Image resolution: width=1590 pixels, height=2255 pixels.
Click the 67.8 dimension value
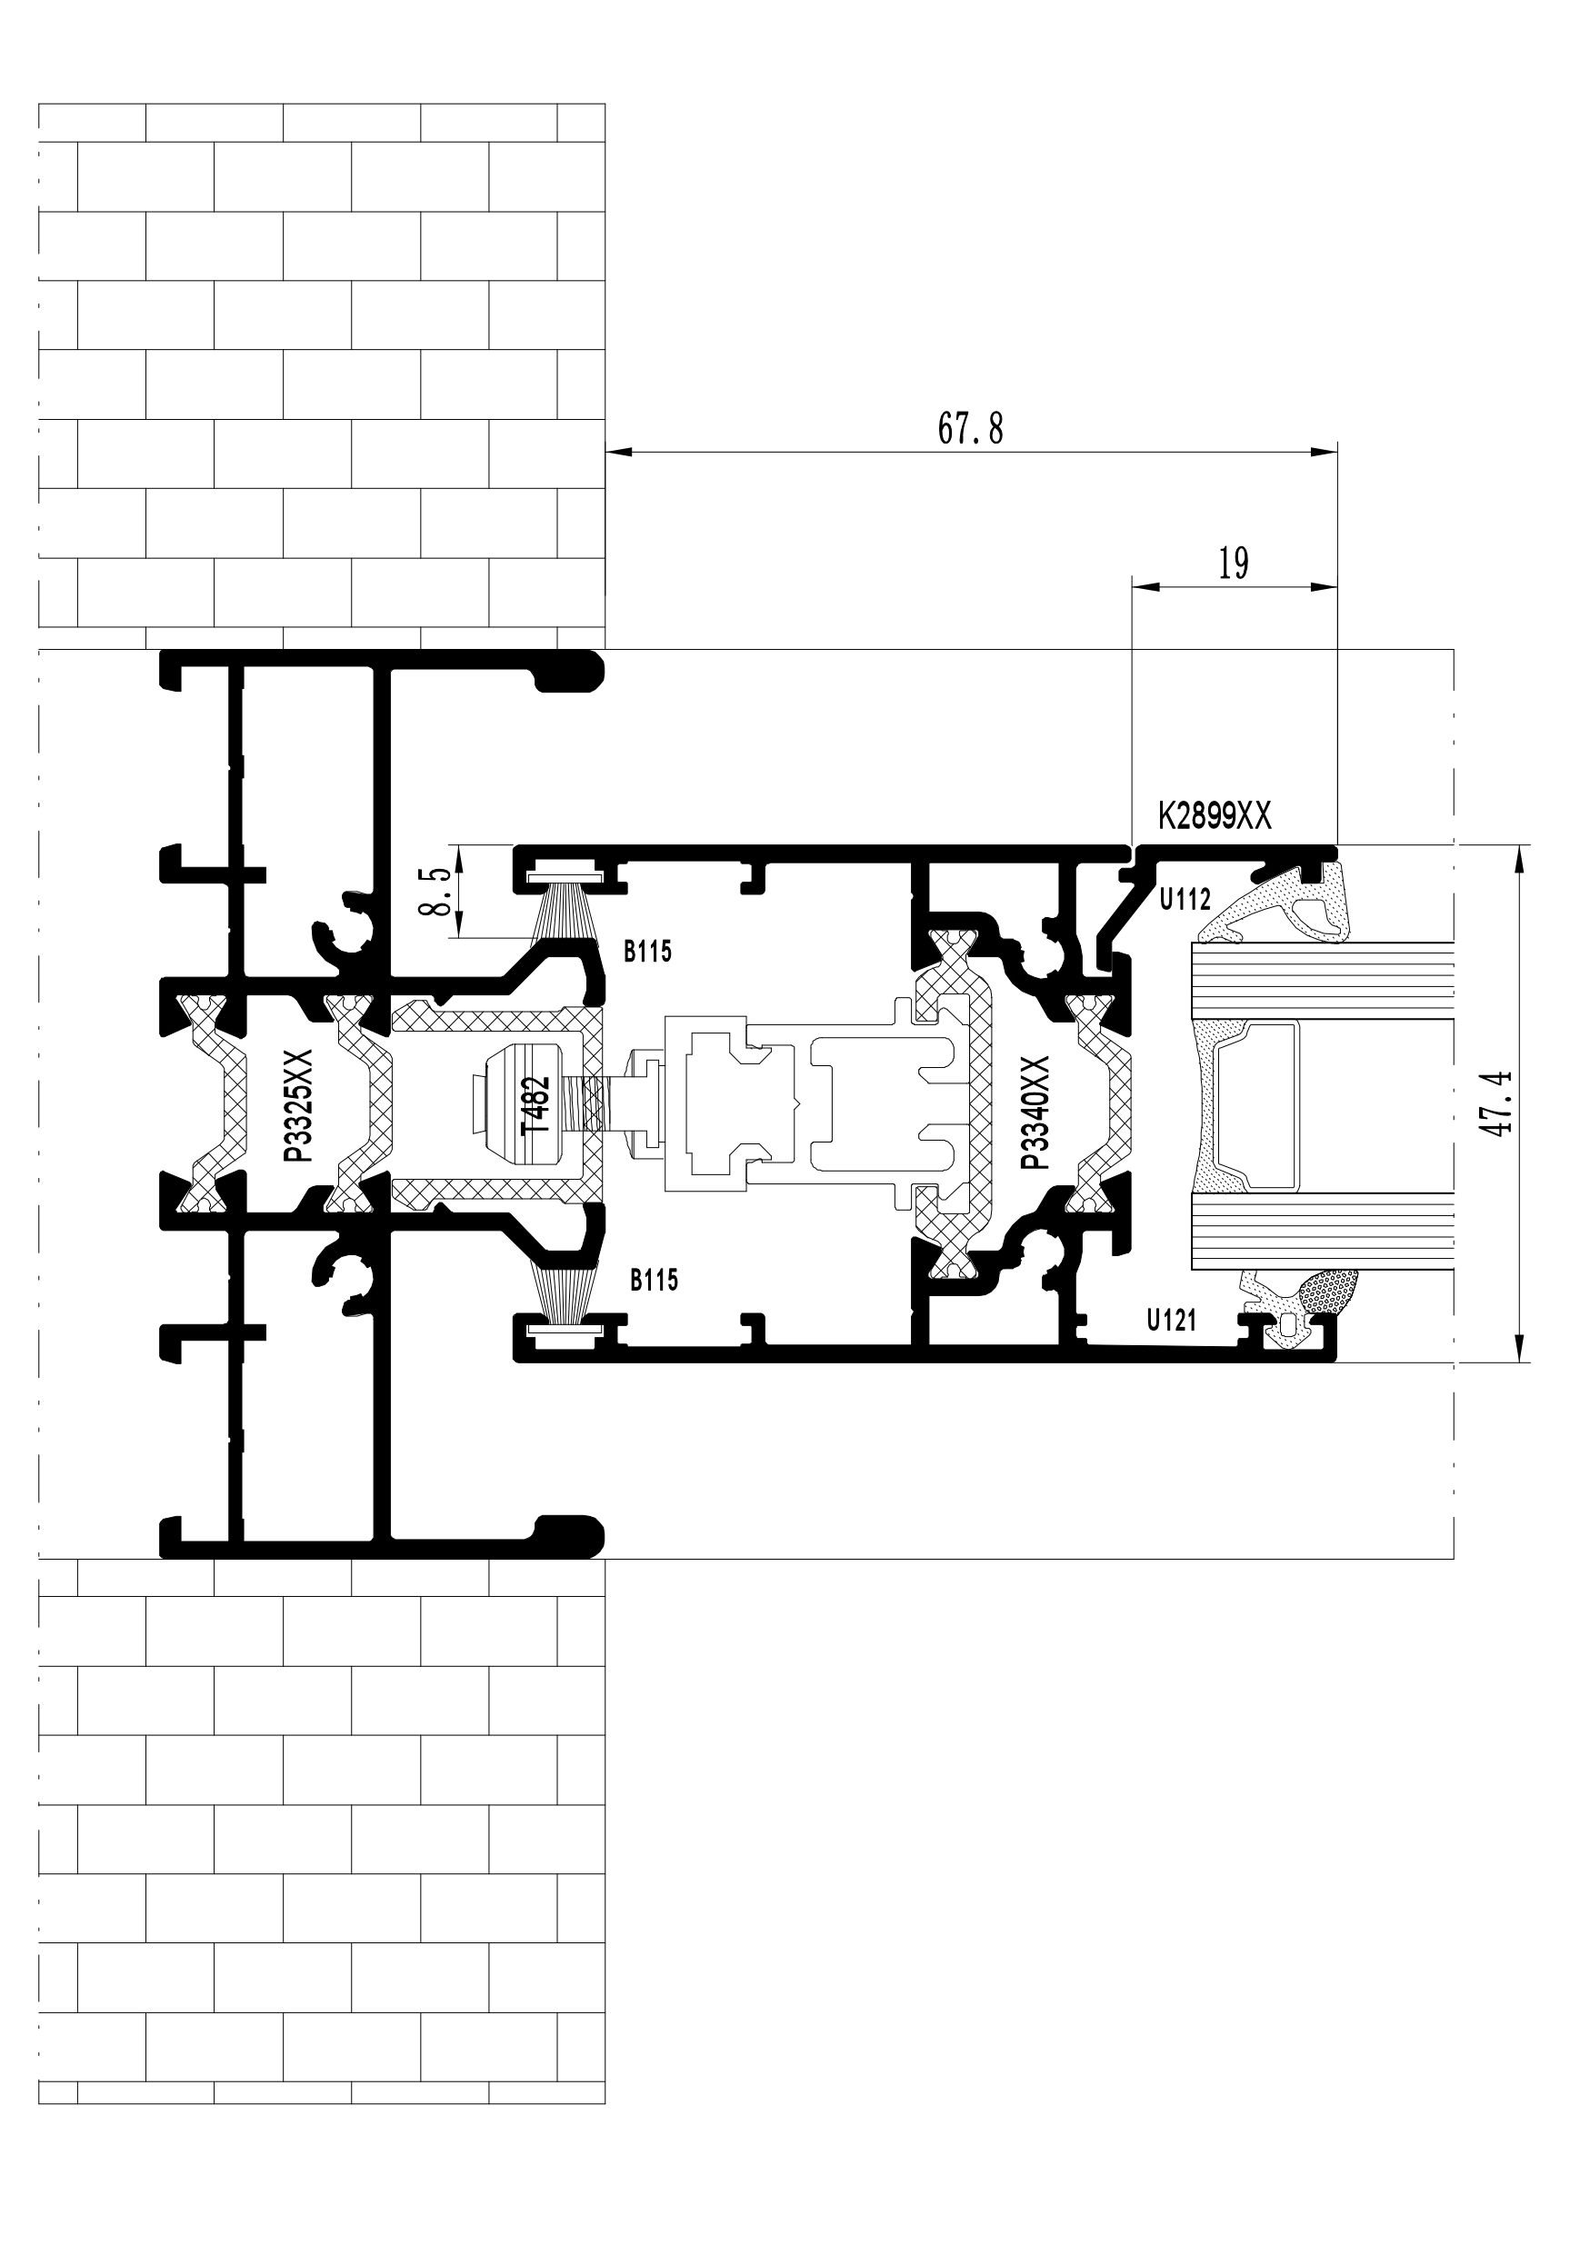pos(970,429)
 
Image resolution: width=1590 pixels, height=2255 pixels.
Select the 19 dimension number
pos(1234,564)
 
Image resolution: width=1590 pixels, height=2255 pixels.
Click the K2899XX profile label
pos(1214,816)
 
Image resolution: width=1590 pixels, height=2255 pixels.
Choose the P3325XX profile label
pos(298,1106)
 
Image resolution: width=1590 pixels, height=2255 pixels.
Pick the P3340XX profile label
pos(1035,1113)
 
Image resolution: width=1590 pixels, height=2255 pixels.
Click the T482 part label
pos(537,1107)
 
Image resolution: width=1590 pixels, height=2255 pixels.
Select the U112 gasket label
pos(1185,899)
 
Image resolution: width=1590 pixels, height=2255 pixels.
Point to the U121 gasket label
pos(1172,1320)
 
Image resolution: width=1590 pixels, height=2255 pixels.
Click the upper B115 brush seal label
pos(648,951)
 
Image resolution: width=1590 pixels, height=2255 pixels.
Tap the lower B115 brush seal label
pos(654,1280)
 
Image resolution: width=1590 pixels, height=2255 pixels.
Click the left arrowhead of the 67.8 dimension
pos(616,452)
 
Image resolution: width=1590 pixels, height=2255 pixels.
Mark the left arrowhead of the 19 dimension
pos(1145,587)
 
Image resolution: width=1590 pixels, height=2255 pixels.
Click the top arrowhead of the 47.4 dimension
pos(1519,856)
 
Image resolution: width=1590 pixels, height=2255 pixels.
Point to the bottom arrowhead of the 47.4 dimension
pos(1519,1351)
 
